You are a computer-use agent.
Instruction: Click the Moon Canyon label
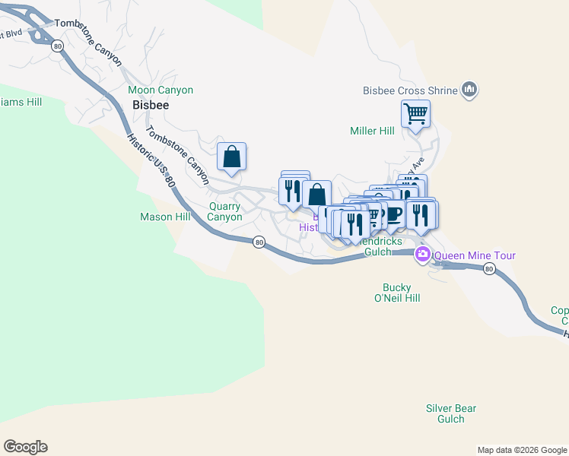[161, 90]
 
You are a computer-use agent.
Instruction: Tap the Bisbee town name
[151, 106]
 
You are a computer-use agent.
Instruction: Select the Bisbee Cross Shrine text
[411, 91]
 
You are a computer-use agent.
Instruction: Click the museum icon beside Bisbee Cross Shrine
[469, 90]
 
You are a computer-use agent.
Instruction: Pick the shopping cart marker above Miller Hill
[416, 114]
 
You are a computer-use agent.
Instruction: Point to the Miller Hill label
[372, 131]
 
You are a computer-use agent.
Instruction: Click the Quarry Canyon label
[225, 211]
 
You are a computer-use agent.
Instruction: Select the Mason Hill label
[164, 217]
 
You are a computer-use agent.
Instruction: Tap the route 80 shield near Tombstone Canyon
[58, 46]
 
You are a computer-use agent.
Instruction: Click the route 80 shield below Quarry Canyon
[259, 242]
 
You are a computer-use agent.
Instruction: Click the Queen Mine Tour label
[475, 255]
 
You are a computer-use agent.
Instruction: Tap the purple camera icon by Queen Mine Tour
[422, 255]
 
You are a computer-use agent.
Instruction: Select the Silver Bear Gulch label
[451, 413]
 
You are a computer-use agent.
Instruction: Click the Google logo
[25, 447]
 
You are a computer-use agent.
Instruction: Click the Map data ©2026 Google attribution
[522, 450]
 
